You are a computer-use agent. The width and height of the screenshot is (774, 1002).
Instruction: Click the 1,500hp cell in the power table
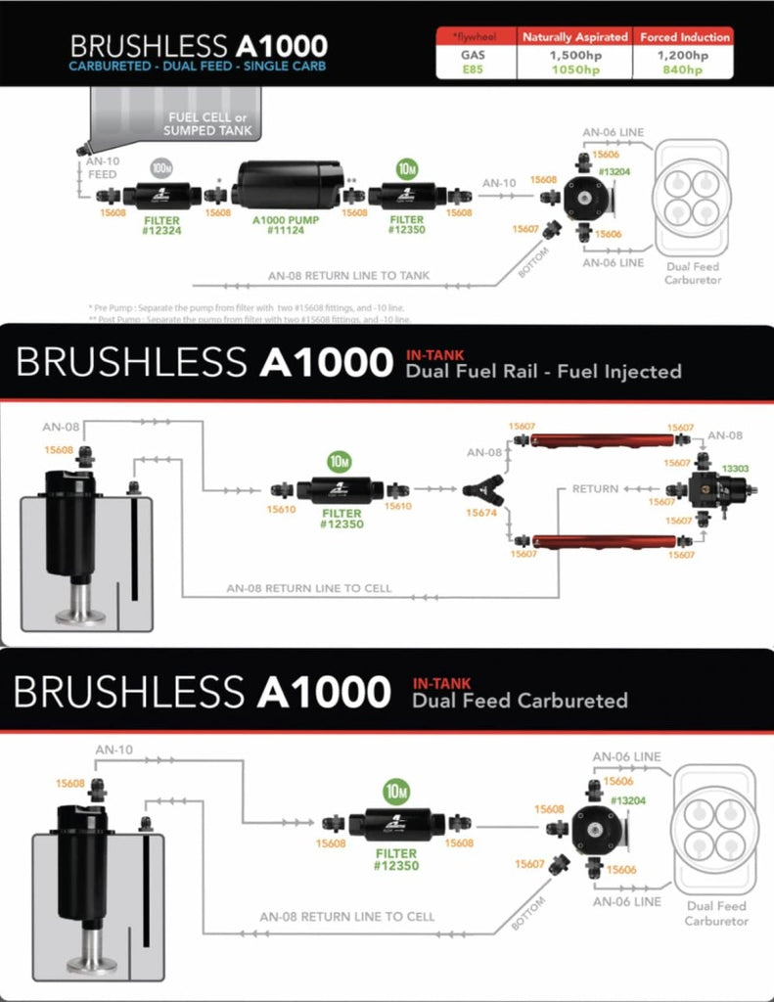coord(574,56)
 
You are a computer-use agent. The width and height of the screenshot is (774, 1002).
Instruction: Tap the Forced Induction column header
coord(685,37)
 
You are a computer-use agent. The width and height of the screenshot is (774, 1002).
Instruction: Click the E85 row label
coord(474,69)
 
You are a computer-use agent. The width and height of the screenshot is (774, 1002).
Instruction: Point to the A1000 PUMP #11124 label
coord(287,226)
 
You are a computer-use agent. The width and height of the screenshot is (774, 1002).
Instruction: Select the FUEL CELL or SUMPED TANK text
coord(210,123)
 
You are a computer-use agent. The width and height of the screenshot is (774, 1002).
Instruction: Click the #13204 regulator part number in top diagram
coord(614,171)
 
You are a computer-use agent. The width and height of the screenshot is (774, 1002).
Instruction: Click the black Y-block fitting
coord(478,488)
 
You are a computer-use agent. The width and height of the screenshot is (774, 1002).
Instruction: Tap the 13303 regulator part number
coord(735,470)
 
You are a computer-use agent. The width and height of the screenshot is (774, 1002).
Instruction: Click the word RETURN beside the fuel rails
coord(595,488)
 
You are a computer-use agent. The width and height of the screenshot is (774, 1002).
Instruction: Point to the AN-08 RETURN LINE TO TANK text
coord(348,276)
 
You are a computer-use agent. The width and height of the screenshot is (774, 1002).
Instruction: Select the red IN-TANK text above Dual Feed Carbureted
coord(441,683)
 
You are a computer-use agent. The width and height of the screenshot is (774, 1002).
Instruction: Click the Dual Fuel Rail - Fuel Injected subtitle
coord(546,371)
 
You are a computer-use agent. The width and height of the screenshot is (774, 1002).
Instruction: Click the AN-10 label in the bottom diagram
coord(114,750)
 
